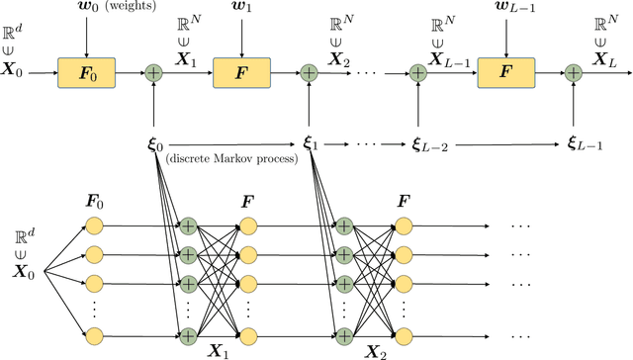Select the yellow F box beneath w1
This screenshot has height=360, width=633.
[x=241, y=72]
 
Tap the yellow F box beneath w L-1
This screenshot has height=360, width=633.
[x=505, y=72]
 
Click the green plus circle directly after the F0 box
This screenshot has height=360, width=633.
[x=153, y=72]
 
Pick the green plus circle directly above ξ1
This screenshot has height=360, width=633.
[x=309, y=72]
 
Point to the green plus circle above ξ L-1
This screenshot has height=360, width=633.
[x=574, y=72]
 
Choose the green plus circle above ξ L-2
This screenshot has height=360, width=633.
[x=418, y=72]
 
